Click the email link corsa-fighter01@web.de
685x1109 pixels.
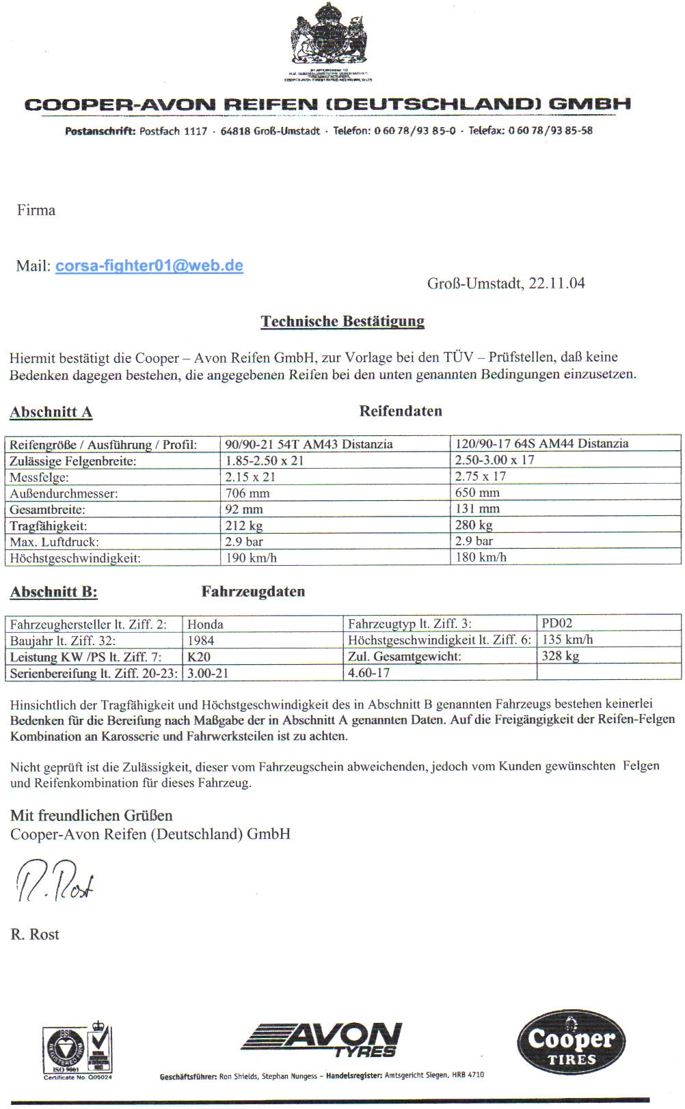click(149, 266)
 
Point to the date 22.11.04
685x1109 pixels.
click(556, 284)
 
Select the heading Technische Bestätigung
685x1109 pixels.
click(342, 321)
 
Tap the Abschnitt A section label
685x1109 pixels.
click(51, 412)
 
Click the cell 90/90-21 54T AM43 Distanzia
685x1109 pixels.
click(309, 444)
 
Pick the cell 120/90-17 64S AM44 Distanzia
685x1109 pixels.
click(541, 443)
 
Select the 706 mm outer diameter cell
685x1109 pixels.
click(247, 493)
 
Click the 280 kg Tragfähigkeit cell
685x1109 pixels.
click(474, 525)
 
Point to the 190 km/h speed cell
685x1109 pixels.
click(251, 558)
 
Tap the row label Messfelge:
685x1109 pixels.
click(40, 477)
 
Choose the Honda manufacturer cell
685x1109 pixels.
click(205, 624)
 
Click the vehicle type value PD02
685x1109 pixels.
click(556, 623)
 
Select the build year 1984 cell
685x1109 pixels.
click(200, 640)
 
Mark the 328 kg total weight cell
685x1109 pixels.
click(560, 656)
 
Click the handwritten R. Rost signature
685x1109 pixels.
click(55, 881)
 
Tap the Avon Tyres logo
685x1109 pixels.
click(321, 1039)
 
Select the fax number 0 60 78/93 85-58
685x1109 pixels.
click(550, 131)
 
